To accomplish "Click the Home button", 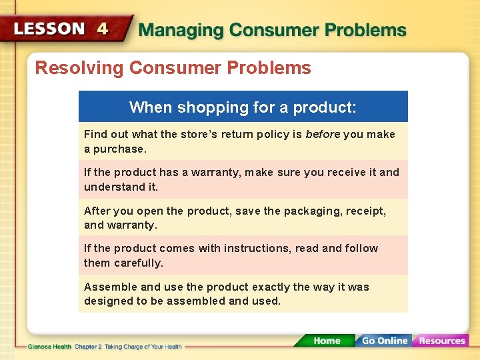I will (326, 341).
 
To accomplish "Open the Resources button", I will (441, 341).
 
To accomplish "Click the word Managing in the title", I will (179, 30).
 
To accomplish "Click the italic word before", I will (323, 134).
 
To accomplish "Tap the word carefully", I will (139, 263).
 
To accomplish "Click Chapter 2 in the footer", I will (88, 347).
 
